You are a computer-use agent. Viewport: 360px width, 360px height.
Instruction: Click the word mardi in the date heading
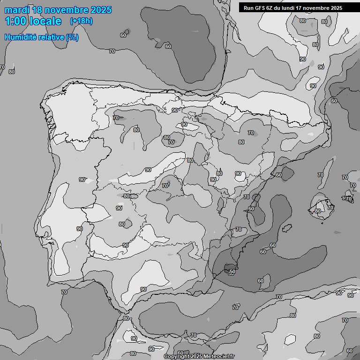pyautogui.click(x=17, y=10)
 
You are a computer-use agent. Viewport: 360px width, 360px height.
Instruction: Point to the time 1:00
pyautogui.click(x=16, y=21)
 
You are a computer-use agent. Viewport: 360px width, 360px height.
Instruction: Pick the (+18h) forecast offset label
pyautogui.click(x=81, y=21)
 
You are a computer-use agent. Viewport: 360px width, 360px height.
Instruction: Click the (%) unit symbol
pyautogui.click(x=72, y=37)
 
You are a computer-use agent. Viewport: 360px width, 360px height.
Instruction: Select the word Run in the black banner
pyautogui.click(x=248, y=8)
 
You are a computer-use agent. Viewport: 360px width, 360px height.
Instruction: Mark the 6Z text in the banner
pyautogui.click(x=270, y=8)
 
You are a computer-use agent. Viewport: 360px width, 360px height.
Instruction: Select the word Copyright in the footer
pyautogui.click(x=177, y=357)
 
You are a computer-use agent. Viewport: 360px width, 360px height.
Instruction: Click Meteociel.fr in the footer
pyautogui.click(x=219, y=357)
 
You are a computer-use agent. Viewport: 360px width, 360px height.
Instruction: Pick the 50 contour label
pyautogui.click(x=232, y=271)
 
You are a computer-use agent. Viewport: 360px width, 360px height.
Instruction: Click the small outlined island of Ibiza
pyautogui.click(x=285, y=228)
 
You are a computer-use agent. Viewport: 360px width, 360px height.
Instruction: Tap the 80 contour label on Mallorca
pyautogui.click(x=318, y=211)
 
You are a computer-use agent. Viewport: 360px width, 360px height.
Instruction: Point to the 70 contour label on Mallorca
pyautogui.click(x=330, y=208)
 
